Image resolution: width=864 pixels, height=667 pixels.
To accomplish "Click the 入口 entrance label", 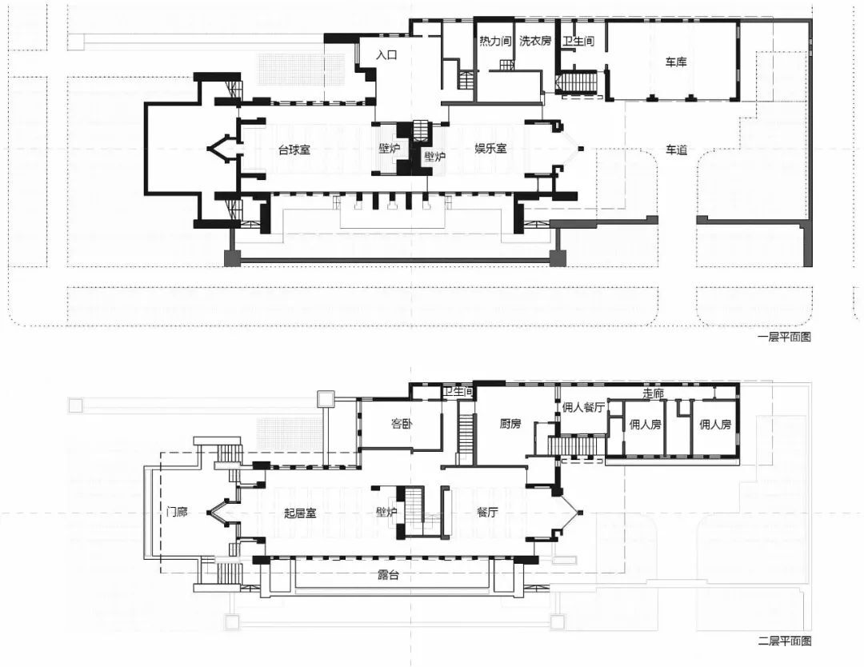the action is click(x=387, y=55).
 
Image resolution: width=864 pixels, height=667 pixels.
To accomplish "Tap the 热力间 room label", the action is click(x=495, y=41).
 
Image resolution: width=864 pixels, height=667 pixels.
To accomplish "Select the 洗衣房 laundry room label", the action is click(x=535, y=41).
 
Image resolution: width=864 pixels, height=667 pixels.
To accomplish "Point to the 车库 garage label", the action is click(x=675, y=62).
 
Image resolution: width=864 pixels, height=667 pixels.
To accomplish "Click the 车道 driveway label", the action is click(x=677, y=150).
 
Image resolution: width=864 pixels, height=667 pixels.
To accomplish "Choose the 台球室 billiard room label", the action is click(x=294, y=150).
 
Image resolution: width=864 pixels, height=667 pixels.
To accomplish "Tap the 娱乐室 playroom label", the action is click(x=490, y=148).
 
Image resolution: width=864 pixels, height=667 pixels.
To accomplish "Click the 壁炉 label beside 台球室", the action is click(x=389, y=148).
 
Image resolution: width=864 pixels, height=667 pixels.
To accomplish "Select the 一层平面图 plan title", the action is click(x=784, y=337).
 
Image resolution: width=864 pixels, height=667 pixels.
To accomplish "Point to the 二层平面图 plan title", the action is click(x=784, y=641).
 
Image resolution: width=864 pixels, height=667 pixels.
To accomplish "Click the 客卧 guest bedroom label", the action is click(x=402, y=424).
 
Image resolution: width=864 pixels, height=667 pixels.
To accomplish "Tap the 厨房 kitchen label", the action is click(x=510, y=424).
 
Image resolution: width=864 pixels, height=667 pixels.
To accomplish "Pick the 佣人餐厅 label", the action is click(x=583, y=407).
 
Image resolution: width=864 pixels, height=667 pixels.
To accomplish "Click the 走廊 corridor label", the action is click(x=653, y=393).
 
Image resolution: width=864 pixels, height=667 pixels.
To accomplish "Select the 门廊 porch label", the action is click(x=177, y=512).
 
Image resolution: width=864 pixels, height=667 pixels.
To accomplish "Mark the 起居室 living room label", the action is click(x=300, y=513).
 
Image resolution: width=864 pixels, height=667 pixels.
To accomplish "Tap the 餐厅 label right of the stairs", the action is click(x=488, y=512).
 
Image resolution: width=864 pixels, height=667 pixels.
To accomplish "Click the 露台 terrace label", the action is click(x=389, y=575).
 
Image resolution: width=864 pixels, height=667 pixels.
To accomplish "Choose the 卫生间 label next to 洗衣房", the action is click(x=578, y=41).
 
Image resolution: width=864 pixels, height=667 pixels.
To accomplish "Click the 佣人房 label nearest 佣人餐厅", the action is click(x=646, y=424).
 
